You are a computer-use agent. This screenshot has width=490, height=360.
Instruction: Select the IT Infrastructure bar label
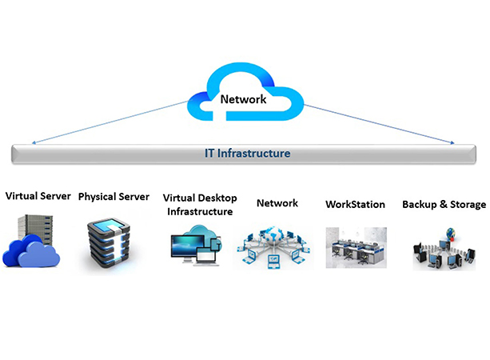click(x=245, y=153)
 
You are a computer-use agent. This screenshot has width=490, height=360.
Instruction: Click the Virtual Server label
click(x=38, y=196)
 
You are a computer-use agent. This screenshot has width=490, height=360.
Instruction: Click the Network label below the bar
click(x=277, y=203)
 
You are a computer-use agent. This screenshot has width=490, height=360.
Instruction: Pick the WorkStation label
click(x=355, y=205)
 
